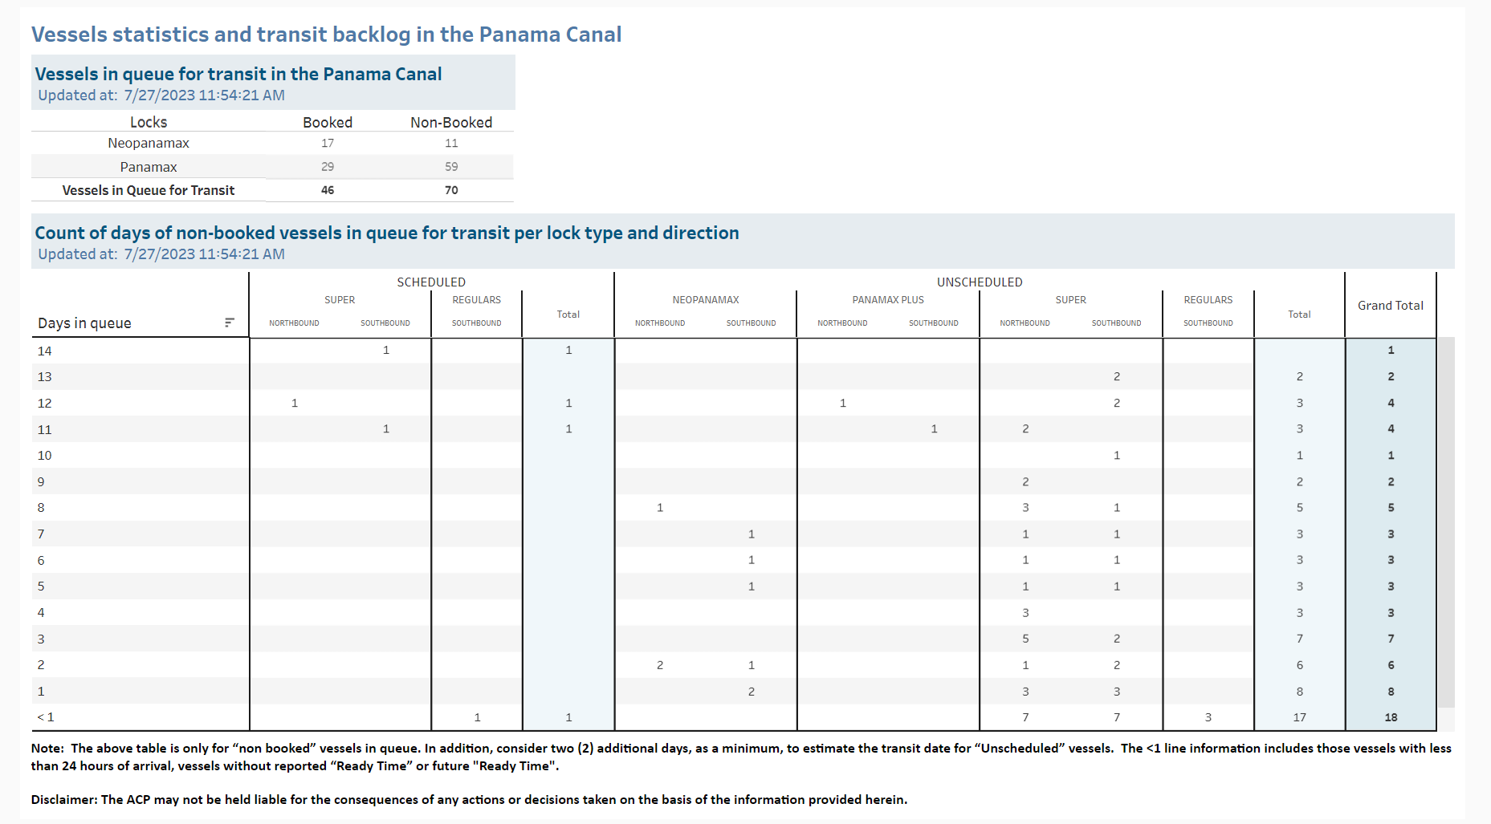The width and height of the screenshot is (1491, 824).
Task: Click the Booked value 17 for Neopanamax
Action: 328,143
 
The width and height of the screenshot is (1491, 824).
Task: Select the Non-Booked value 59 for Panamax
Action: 451,167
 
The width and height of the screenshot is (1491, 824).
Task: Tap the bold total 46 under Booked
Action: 328,190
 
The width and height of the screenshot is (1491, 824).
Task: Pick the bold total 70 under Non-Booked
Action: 451,190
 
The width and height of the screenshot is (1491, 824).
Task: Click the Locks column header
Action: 149,122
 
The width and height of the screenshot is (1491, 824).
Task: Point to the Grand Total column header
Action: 1391,306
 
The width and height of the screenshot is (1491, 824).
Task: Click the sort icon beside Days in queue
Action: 230,323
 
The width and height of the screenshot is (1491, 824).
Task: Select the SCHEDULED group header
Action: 431,282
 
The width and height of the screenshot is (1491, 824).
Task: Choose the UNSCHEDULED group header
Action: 980,282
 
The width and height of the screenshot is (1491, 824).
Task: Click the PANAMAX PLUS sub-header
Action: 888,300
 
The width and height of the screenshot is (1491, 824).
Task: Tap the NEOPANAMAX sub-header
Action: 706,300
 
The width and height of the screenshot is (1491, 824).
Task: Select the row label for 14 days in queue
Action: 45,351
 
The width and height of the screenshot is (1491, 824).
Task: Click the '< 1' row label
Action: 46,717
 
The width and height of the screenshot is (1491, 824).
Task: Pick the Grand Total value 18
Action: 1391,717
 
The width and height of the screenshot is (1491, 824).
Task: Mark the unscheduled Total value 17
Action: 1299,717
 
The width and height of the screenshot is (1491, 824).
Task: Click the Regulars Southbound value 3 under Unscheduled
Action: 1208,717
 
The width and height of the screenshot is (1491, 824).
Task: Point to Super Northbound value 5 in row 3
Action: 1025,639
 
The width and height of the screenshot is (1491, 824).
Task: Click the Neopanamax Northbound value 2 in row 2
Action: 660,665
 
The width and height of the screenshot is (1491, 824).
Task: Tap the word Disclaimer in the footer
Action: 63,800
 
